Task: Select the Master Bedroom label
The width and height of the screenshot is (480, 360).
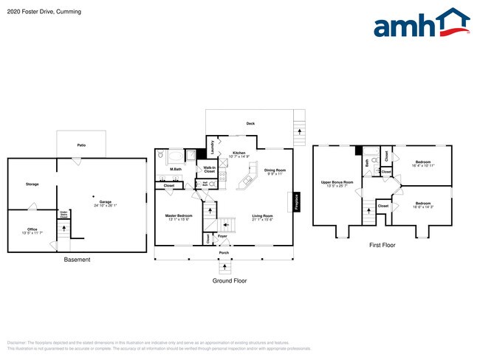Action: [179, 215]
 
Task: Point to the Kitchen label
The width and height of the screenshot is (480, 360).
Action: [239, 153]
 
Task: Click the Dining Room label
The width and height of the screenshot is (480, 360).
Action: [275, 170]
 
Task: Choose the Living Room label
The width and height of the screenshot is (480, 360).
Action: [262, 215]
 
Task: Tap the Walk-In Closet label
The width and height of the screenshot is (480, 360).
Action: [209, 169]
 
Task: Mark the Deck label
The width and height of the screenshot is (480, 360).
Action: [250, 123]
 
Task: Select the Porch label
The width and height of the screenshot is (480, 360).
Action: [224, 253]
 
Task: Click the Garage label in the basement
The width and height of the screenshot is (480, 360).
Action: [106, 202]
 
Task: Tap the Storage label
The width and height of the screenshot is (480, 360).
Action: [32, 184]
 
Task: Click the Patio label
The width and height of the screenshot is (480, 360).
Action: [81, 145]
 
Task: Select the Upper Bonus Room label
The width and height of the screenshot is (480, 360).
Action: [337, 181]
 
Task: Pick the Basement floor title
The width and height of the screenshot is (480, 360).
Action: [76, 260]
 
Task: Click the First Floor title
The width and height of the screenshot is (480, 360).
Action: [382, 245]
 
